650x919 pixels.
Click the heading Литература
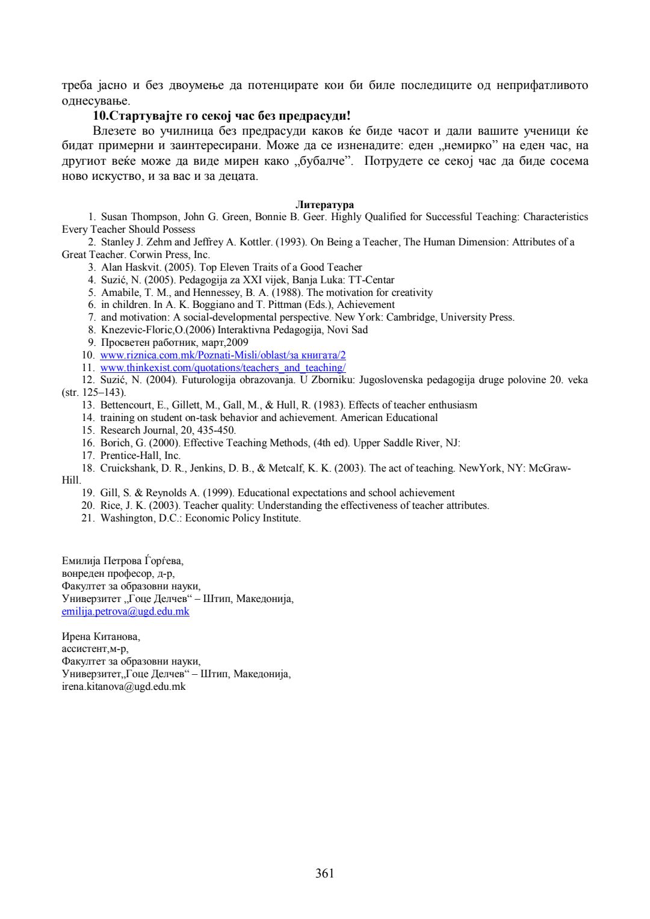click(324, 205)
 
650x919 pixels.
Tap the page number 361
click(324, 873)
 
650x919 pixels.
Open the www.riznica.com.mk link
click(223, 355)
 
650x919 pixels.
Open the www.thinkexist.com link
click(223, 367)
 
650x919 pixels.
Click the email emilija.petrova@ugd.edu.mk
click(125, 612)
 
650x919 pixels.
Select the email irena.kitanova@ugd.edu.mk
click(123, 686)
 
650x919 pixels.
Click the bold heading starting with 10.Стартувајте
click(221, 115)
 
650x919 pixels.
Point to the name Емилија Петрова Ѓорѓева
click(122, 561)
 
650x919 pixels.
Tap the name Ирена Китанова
click(101, 636)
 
